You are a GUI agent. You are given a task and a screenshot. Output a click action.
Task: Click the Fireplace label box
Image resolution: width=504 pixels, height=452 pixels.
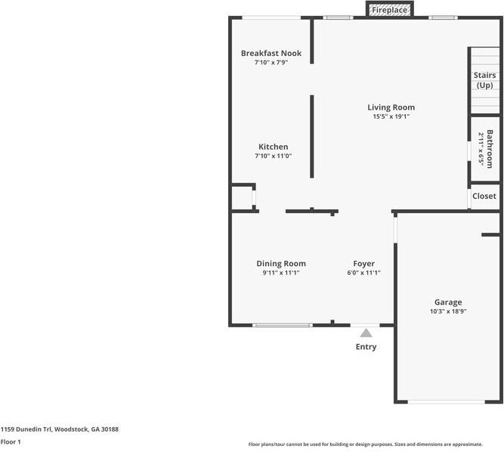coord(390,10)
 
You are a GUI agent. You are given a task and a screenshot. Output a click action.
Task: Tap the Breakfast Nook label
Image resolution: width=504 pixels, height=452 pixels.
coord(271,53)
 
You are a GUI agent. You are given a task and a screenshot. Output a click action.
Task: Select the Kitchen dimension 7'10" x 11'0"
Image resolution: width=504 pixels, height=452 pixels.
coord(274,156)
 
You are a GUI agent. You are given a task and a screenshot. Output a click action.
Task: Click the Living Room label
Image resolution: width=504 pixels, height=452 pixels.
coord(391,107)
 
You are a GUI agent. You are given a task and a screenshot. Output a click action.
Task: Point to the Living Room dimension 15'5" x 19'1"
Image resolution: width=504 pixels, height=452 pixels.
coord(391,116)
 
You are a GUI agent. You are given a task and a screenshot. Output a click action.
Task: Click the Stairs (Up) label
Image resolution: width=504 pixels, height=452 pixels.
coord(484,80)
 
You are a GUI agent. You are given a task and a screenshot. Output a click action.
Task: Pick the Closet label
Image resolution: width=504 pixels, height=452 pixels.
coord(484,196)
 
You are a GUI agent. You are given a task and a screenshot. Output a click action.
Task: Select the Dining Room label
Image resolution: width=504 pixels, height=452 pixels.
coord(281,264)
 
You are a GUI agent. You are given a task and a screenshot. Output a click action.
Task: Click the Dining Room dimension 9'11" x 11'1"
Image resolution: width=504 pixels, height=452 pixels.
coord(281,273)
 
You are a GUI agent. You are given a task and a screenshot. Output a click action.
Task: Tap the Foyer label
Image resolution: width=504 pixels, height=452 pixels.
coord(364,264)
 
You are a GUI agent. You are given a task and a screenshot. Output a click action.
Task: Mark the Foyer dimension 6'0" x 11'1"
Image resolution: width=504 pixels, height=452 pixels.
coord(364,273)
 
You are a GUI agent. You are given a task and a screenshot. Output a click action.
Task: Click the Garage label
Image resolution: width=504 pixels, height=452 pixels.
coord(448,302)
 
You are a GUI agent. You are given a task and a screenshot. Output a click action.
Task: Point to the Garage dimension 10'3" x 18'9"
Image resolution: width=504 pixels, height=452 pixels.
coord(448,311)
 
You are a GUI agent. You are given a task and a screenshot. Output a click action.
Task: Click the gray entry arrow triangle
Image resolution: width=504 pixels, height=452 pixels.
coord(366,333)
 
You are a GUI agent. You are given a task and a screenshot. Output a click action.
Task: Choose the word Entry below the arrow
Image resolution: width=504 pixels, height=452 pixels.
coord(366,346)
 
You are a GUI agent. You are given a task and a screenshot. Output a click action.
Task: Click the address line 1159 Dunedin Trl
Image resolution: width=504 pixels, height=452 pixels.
coord(60,429)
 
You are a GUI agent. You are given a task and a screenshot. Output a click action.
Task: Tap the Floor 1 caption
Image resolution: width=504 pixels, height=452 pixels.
coord(11,441)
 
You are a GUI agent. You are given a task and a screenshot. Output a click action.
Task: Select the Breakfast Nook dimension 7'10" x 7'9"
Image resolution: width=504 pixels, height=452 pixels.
coord(271,63)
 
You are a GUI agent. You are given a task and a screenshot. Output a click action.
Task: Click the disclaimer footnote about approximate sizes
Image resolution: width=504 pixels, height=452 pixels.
coord(366,444)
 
